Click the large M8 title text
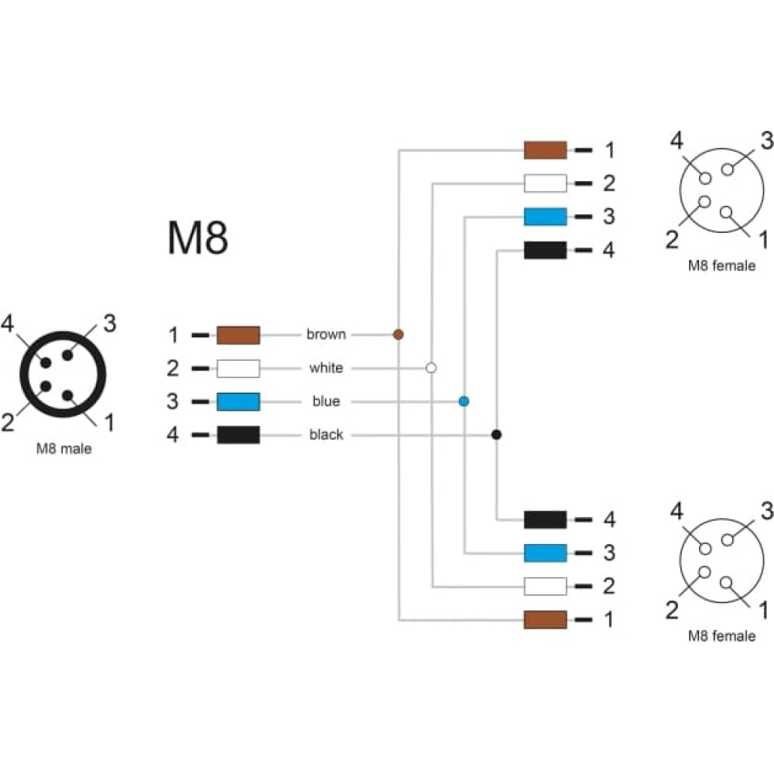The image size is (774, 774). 198,238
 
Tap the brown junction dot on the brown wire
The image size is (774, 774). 399,334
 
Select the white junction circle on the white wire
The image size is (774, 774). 431,368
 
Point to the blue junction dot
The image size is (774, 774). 464,401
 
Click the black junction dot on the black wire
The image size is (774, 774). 497,434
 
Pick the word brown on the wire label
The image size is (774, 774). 326,334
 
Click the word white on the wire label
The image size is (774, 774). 326,368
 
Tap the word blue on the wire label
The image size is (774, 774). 326,401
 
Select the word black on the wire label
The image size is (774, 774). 326,434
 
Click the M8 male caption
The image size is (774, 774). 63,449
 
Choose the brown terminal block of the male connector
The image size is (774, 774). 238,334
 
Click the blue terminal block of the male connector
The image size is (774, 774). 238,401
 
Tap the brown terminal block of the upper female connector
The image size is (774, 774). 545,150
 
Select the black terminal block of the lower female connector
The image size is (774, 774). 545,520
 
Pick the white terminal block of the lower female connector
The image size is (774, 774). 545,587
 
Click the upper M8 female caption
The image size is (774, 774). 721,265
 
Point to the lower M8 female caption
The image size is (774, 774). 721,635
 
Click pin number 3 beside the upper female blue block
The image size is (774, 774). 609,217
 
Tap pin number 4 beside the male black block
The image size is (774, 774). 173,435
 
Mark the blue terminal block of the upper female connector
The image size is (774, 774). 545,217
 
